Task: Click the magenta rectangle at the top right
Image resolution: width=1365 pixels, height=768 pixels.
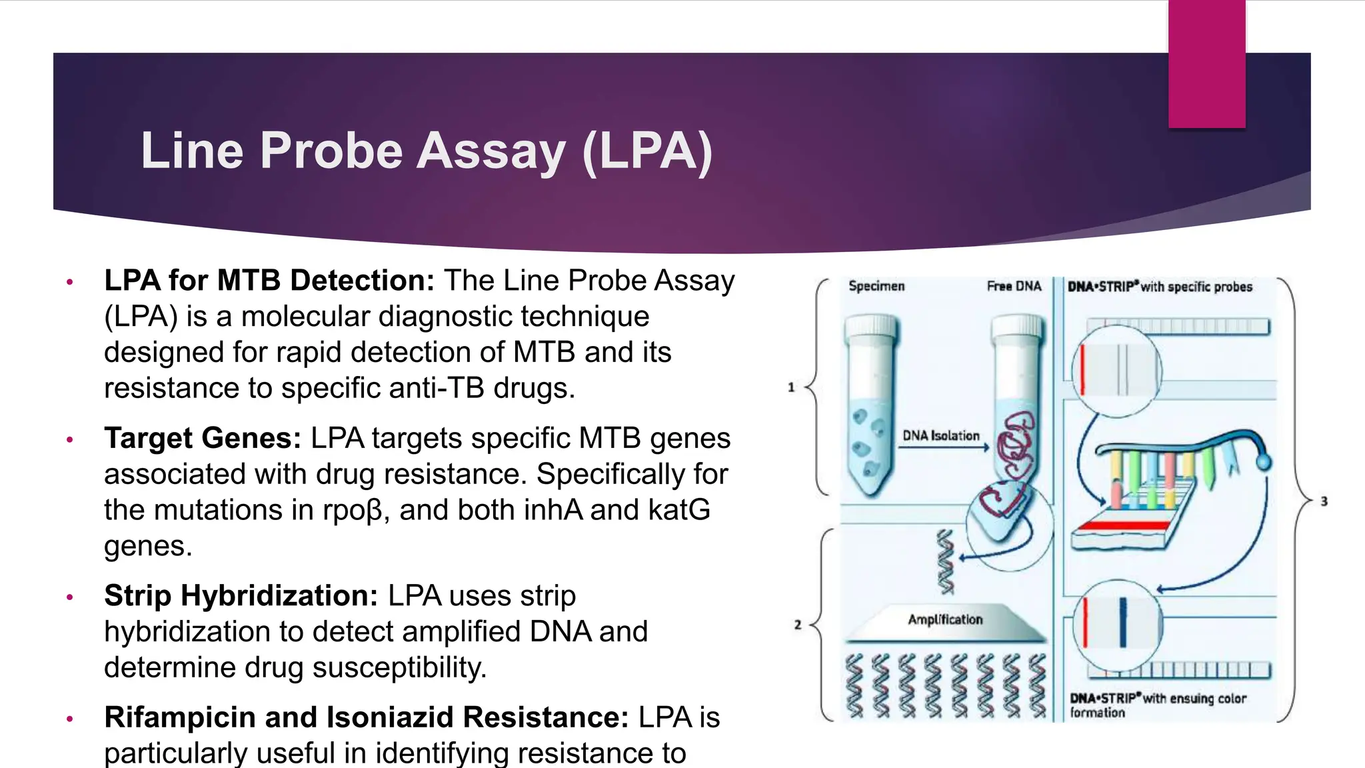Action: (1206, 63)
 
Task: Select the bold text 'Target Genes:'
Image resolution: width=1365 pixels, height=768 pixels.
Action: (203, 439)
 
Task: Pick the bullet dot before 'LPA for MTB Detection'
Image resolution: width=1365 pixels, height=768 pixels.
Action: (69, 282)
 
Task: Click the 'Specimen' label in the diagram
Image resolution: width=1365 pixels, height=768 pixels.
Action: (876, 286)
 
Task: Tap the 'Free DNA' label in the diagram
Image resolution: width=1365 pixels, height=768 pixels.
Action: (1014, 286)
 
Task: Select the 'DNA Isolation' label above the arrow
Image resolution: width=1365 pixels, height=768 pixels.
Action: (940, 435)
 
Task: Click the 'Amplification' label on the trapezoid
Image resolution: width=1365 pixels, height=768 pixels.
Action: (945, 619)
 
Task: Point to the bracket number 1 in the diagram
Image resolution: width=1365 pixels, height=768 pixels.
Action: (791, 387)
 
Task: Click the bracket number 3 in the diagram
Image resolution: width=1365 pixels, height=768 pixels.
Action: (1324, 501)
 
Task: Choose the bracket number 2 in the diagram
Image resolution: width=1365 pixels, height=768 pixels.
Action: (797, 625)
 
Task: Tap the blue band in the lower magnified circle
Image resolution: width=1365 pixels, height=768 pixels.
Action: (1122, 623)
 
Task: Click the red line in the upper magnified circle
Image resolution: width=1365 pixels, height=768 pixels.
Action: (1082, 370)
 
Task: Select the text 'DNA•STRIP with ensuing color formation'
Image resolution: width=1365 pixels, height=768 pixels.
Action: (1158, 705)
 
